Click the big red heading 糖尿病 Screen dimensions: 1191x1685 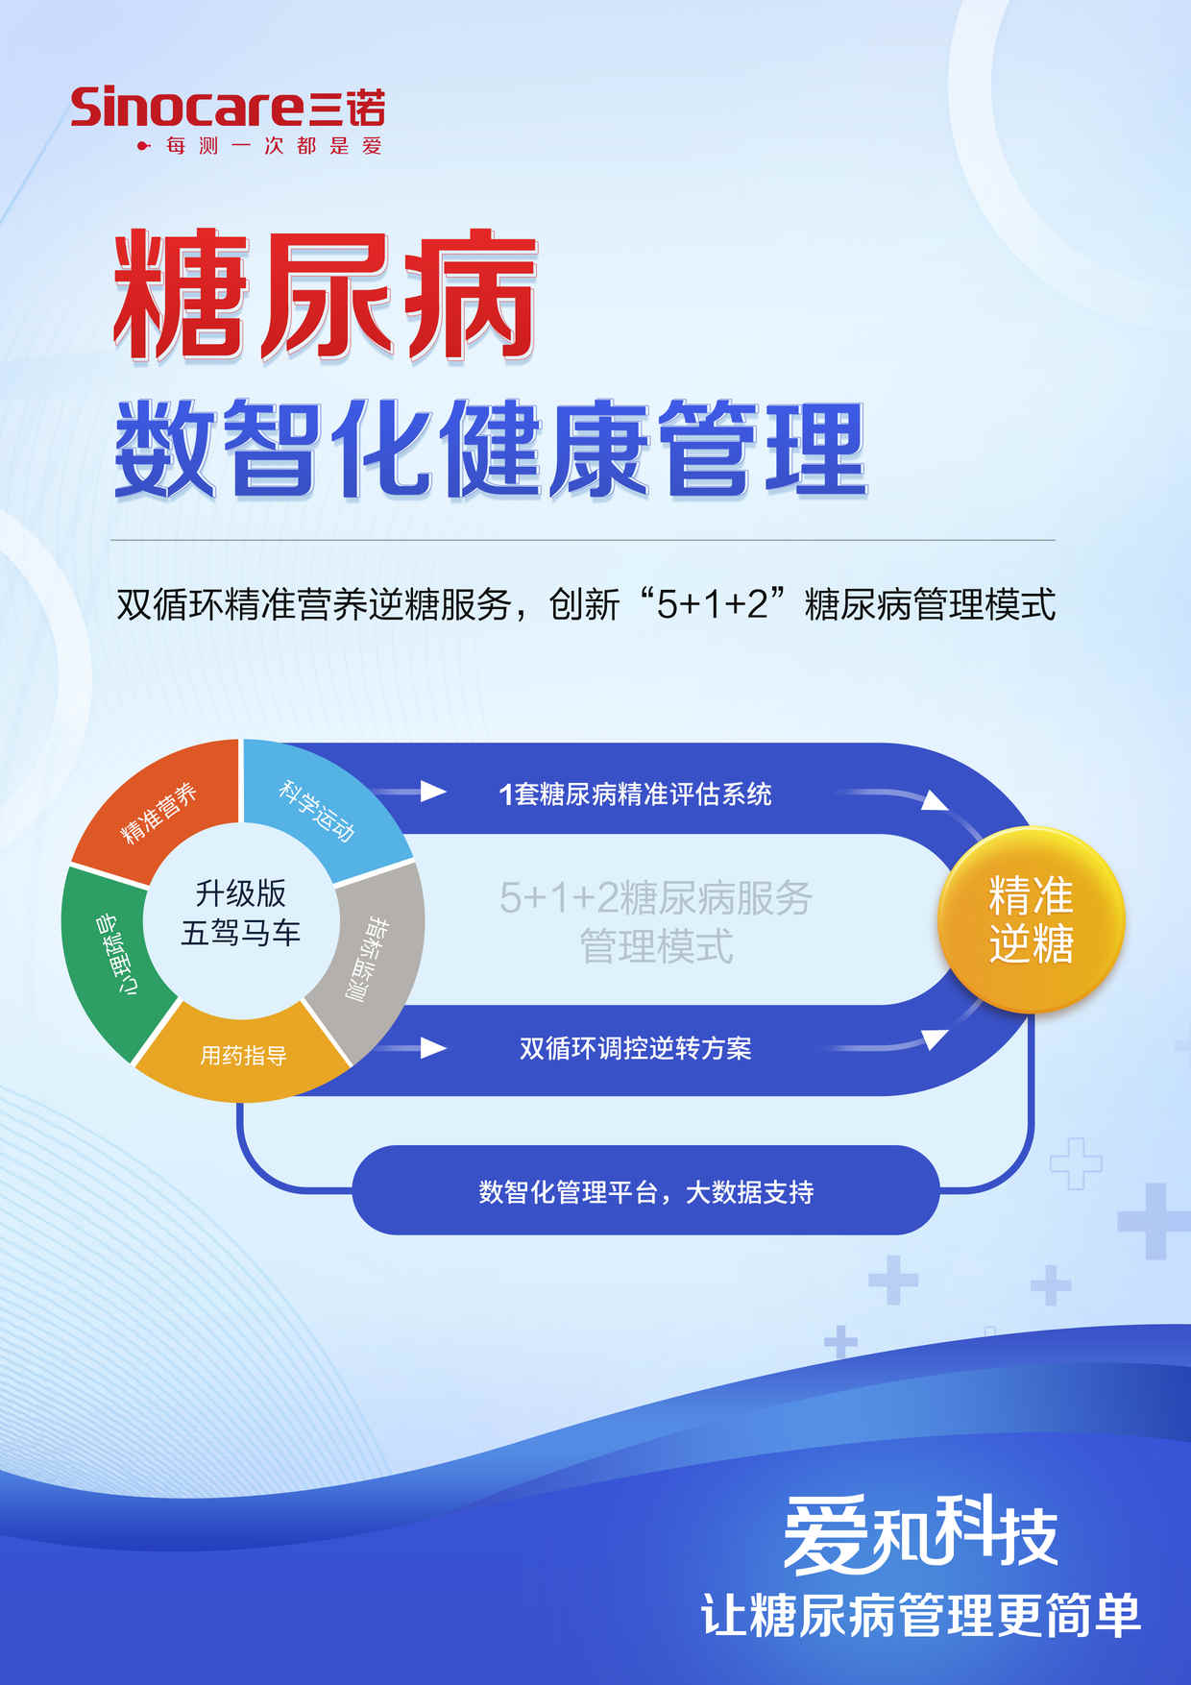pos(325,295)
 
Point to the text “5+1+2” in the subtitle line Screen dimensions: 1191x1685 pos(712,604)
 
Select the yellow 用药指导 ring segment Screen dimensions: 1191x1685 pos(243,1054)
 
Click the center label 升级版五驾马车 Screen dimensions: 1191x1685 pos(241,913)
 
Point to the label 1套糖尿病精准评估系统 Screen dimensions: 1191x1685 pos(635,794)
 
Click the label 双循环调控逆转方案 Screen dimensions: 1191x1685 pos(635,1048)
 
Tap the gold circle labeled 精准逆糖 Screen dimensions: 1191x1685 pos(1031,919)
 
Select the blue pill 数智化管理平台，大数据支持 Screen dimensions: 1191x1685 pos(645,1190)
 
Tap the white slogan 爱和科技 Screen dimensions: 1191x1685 pos(920,1534)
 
